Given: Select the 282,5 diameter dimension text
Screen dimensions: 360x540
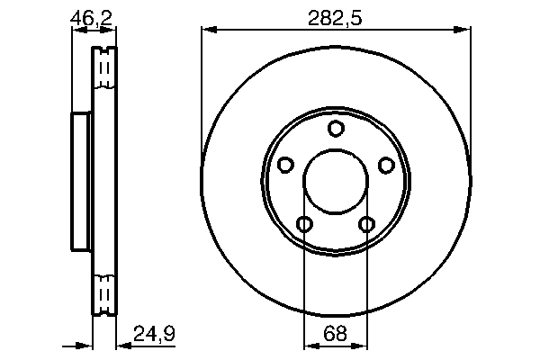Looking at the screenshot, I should [336, 17].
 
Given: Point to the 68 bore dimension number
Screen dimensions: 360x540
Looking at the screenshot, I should [336, 334].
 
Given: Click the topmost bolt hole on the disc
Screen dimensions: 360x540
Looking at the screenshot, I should [336, 129].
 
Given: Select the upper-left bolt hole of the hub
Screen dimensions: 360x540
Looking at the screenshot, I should [285, 165].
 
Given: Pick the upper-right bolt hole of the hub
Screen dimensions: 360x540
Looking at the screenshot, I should [386, 165].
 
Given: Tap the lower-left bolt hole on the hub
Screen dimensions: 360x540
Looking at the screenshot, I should [304, 224].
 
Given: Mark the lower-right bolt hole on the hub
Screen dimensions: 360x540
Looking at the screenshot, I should [367, 224].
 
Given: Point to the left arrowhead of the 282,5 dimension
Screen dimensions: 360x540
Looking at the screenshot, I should [207, 31].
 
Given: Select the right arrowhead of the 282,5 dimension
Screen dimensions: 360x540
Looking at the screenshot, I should [464, 31].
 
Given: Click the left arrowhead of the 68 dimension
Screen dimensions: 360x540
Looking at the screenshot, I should [309, 344].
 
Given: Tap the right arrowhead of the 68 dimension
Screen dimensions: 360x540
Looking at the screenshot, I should [362, 344].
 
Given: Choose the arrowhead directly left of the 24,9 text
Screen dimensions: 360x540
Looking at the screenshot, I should [122, 344].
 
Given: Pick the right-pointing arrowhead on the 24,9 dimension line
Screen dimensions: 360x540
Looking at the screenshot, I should [86, 344].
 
